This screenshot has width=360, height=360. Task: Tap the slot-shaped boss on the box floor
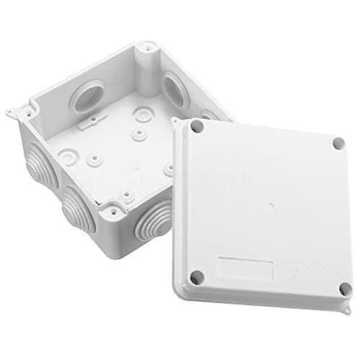click(87, 123)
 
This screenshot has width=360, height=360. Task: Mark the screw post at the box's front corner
click(113, 211)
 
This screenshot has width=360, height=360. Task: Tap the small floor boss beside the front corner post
click(127, 195)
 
